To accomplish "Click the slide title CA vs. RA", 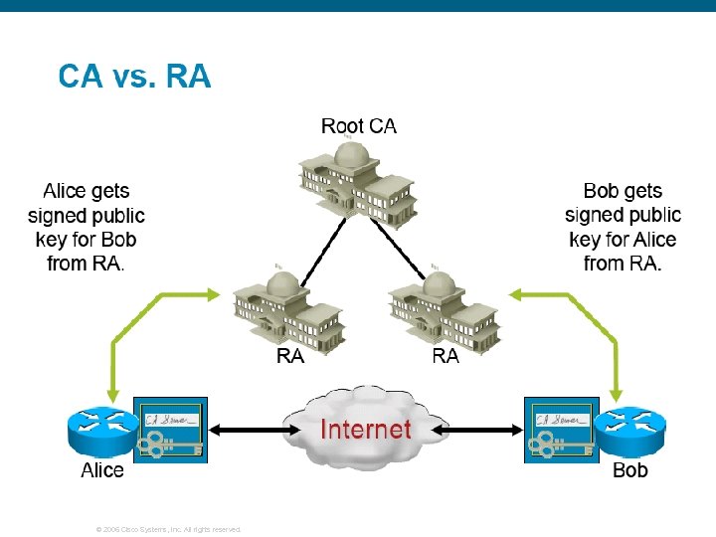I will pos(134,76).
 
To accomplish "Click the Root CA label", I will pos(358,126).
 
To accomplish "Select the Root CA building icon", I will pos(358,182).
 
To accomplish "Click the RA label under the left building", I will pos(289,356).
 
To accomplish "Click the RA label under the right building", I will pos(446,356).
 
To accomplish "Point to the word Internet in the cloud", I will pos(365,430).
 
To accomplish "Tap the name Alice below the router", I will pos(102,470).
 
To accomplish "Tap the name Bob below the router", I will pos(630,470).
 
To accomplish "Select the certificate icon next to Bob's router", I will pos(561,430).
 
